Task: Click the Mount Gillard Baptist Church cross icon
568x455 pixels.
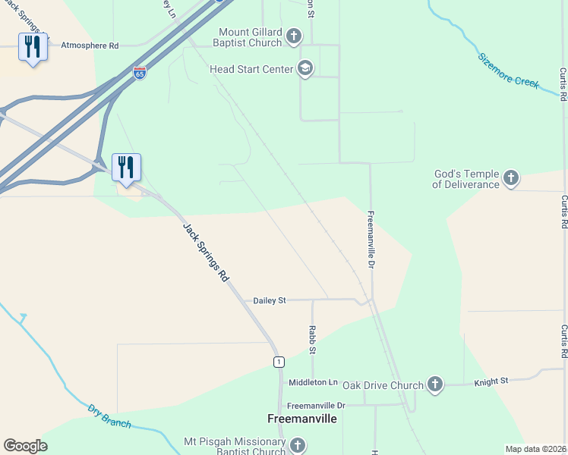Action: click(294, 36)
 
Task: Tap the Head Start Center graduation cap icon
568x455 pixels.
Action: click(305, 69)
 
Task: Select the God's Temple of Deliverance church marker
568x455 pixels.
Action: click(511, 178)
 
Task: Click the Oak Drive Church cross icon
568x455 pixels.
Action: click(435, 384)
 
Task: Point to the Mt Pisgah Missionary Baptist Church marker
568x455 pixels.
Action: click(297, 446)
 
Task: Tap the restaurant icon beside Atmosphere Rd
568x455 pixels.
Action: click(33, 47)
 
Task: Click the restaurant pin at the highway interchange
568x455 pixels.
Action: click(127, 167)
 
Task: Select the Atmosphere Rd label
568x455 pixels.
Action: click(90, 45)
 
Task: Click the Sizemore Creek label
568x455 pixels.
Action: click(508, 70)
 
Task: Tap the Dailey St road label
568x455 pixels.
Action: click(270, 300)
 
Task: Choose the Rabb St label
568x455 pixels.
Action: click(312, 340)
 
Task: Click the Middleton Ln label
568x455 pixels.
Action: click(312, 382)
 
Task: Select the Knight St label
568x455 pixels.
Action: click(491, 382)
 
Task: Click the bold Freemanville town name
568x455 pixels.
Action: click(302, 418)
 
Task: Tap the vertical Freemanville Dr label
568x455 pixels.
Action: click(371, 239)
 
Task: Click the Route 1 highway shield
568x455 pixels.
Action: click(279, 362)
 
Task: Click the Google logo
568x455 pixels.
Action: click(25, 446)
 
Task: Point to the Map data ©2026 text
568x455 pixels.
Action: click(535, 449)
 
